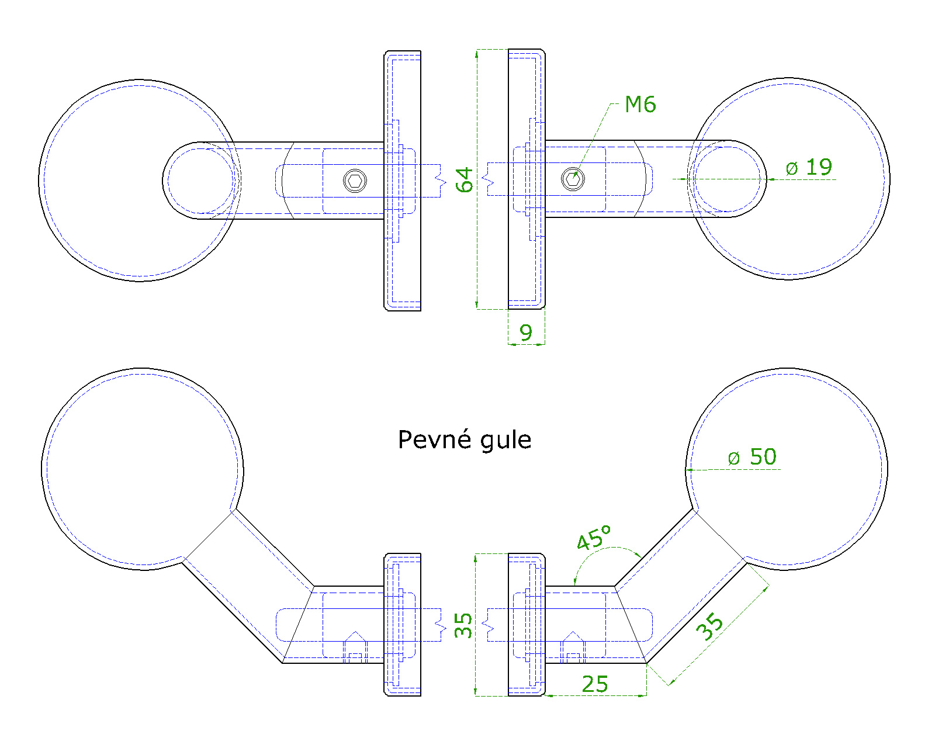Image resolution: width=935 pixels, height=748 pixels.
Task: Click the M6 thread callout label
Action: pos(640,105)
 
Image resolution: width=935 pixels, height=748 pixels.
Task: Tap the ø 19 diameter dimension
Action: pos(809,167)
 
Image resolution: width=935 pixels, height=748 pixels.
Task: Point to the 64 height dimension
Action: pos(463,179)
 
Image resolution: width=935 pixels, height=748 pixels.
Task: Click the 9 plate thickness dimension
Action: pos(526,333)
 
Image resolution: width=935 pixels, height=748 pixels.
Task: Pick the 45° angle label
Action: pos(594,537)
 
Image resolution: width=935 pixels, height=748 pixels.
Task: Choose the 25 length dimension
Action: pos(595,684)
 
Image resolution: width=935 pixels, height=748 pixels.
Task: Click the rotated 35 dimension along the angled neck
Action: pos(709,626)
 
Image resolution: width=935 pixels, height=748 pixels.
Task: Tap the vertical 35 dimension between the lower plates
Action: pos(463,625)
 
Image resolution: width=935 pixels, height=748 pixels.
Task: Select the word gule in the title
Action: pos(506,441)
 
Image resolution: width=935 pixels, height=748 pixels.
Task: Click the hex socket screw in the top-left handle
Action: pos(355,181)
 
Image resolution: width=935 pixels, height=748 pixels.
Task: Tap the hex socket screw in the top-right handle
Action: pos(573,179)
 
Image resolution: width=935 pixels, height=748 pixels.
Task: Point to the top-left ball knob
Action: pos(140,181)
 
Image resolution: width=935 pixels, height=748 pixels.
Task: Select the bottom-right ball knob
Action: pos(787,469)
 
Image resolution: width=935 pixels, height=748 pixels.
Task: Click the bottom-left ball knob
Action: pos(143,469)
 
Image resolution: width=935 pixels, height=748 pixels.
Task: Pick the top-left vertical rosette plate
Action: pos(402,181)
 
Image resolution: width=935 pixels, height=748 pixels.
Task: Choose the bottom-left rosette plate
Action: pos(402,625)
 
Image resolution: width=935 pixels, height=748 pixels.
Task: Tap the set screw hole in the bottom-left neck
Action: pos(355,647)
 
